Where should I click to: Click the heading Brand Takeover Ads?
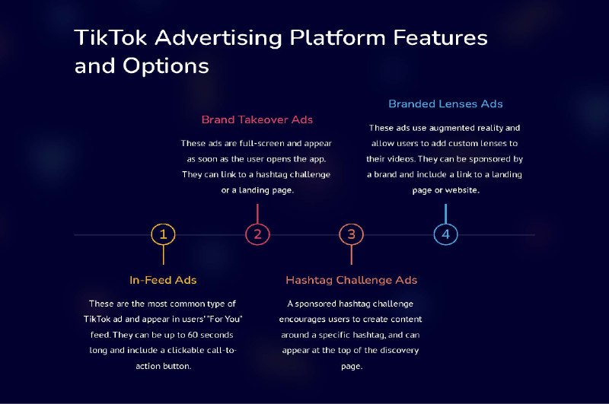pyautogui.click(x=257, y=119)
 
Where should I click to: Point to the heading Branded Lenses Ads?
pyautogui.click(x=445, y=103)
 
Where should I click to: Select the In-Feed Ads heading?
pyautogui.click(x=163, y=280)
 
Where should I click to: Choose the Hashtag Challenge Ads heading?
pyautogui.click(x=352, y=280)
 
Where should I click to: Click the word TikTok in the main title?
pyautogui.click(x=110, y=37)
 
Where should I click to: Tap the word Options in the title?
pyautogui.click(x=166, y=66)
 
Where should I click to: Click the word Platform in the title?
pyautogui.click(x=337, y=37)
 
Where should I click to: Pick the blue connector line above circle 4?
pyautogui.click(x=445, y=214)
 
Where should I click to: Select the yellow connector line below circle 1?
pyautogui.click(x=163, y=255)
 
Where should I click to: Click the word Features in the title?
pyautogui.click(x=441, y=37)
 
